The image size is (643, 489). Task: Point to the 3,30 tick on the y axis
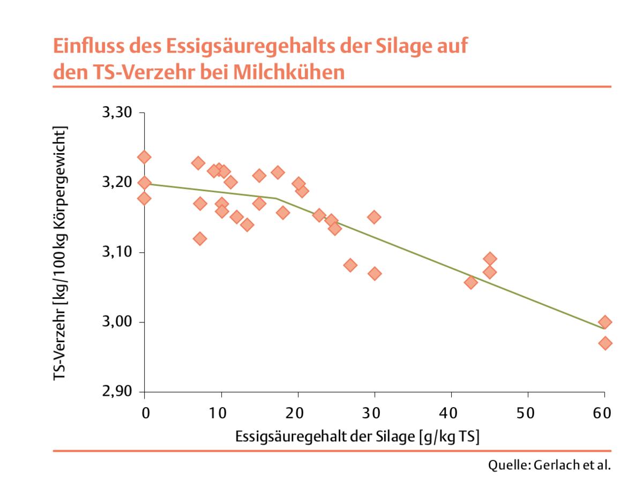115,113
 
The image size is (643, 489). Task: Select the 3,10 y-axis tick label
115,252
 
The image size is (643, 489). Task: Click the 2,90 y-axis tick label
115,392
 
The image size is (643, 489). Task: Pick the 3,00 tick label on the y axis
115,322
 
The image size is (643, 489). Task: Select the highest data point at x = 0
144,157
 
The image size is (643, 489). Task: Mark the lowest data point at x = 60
605,343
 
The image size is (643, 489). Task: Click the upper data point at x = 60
605,322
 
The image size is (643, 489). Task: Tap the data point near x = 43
471,282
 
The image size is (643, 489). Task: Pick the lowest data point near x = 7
200,238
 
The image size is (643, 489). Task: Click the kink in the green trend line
276,198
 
